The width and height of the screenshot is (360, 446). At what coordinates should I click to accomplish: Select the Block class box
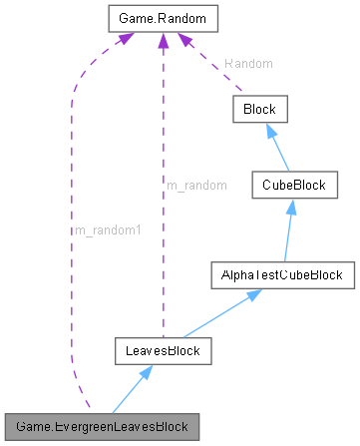pos(259,108)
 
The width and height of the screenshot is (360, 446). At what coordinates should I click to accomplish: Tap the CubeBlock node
pos(288,187)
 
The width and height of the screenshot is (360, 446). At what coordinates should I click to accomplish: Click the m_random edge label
pos(195,186)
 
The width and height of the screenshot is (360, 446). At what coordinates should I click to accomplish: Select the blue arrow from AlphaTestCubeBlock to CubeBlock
pos(285,230)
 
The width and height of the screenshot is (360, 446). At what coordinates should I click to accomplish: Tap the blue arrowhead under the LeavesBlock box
pos(146,372)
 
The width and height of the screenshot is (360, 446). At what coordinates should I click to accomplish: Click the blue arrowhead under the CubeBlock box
pos(287,207)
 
